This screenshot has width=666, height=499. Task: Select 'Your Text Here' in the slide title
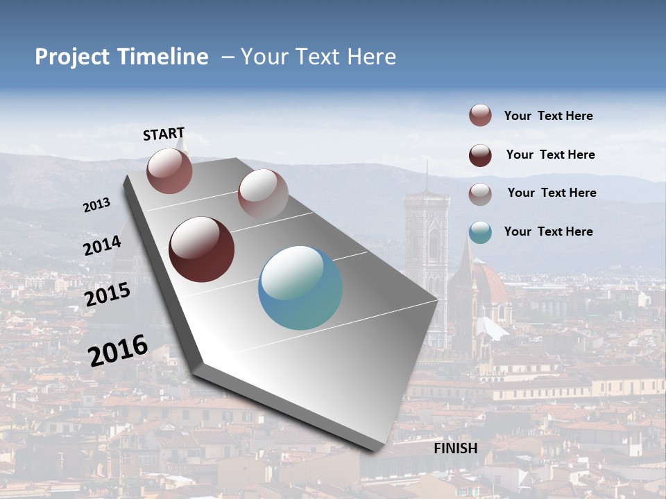[x=318, y=57]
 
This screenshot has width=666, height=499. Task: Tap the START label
[x=164, y=134]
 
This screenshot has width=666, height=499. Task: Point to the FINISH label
[x=456, y=448]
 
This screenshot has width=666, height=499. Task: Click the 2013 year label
[x=96, y=205]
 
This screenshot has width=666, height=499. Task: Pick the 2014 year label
[x=102, y=246]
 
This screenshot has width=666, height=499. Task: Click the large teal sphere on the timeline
[x=300, y=288]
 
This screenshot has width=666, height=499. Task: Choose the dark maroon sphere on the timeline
[x=201, y=249]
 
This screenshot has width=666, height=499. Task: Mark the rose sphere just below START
[x=169, y=170]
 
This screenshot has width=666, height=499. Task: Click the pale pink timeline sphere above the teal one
[x=263, y=193]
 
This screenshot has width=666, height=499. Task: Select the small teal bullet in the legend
[x=480, y=232]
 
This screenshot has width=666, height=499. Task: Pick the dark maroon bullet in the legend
[x=480, y=155]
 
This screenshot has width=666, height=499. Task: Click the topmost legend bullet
[x=480, y=115]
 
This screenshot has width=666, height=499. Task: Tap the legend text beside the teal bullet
[x=548, y=231]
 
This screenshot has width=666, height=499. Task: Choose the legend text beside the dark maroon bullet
[x=550, y=155]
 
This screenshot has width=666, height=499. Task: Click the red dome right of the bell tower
[x=491, y=284]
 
